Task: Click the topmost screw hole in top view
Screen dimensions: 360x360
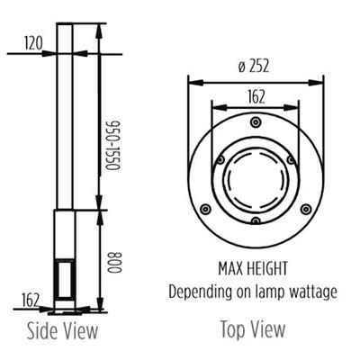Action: pyautogui.click(x=256, y=120)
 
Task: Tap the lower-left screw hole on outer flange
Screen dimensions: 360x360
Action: pyautogui.click(x=206, y=209)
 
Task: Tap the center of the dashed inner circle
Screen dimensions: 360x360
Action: pyautogui.click(x=256, y=176)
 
